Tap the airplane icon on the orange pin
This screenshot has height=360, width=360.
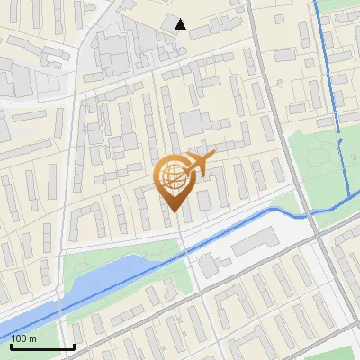pos(199,164)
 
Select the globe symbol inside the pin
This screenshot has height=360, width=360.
pos(173,178)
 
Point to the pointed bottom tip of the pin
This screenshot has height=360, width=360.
pos(174,212)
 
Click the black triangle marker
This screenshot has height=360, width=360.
pos(181,24)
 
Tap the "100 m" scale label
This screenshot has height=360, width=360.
pos(24,338)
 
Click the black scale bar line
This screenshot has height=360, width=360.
pos(42,346)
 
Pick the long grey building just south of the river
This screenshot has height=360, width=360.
pos(256,239)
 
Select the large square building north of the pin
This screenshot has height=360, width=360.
pos(193,122)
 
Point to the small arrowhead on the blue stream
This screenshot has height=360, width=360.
pos(339,141)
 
